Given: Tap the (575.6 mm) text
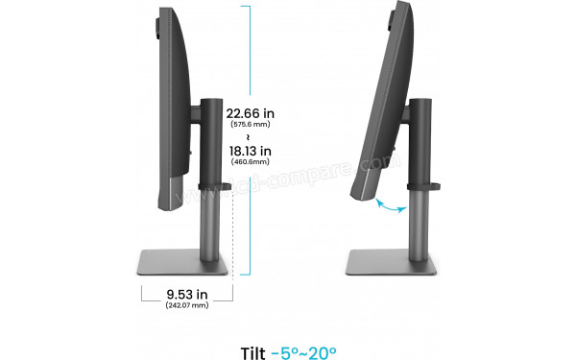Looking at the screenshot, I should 249,126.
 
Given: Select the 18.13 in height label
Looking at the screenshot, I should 249,151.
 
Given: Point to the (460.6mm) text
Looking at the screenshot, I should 249,163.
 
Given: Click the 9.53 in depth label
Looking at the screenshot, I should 187,292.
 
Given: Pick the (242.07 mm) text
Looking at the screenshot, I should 187,304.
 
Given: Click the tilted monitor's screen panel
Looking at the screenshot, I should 384,96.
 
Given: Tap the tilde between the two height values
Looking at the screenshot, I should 249,137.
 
